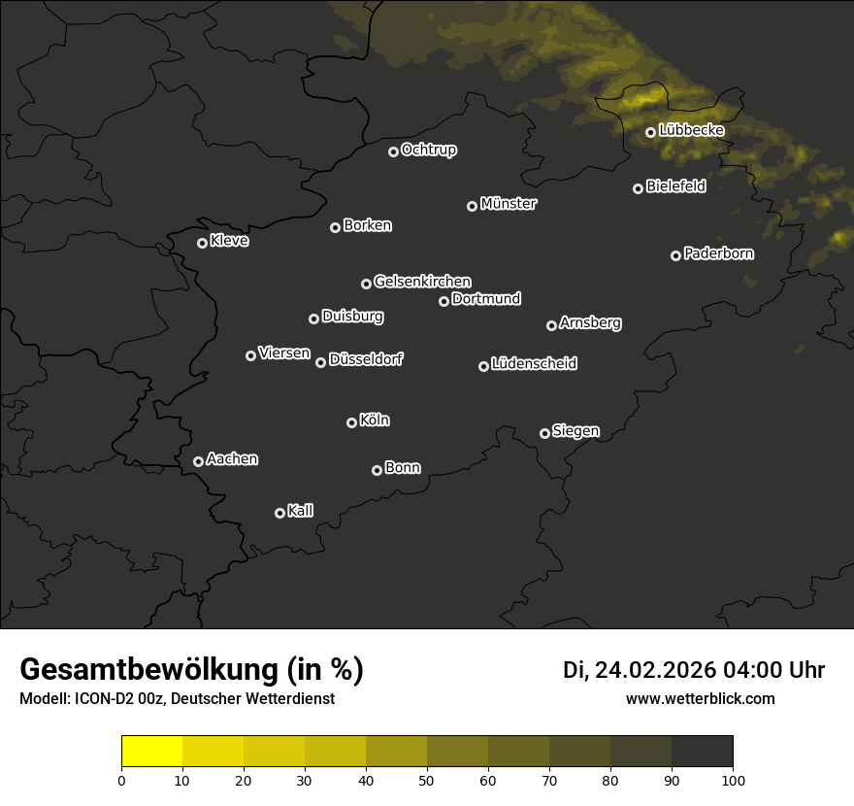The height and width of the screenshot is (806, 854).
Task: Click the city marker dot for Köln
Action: (351, 422)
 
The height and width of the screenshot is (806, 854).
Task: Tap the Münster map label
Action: (508, 204)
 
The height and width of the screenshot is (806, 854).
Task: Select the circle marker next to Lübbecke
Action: (650, 132)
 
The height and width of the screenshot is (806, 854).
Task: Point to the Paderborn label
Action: (718, 253)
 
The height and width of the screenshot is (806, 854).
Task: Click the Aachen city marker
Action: (198, 461)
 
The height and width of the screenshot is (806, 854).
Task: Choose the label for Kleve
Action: (229, 241)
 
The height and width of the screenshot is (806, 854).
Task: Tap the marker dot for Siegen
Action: (544, 433)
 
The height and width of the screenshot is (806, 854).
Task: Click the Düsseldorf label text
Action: (366, 359)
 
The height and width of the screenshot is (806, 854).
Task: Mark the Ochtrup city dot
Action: (393, 151)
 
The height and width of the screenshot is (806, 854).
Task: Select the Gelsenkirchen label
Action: (422, 282)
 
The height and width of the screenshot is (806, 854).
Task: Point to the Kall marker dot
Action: (279, 513)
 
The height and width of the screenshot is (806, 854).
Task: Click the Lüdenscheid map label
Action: (534, 364)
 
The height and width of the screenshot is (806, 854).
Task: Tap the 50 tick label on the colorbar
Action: (427, 780)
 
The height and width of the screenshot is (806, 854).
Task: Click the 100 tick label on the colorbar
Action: (733, 780)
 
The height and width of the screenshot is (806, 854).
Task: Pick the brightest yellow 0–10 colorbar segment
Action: (151, 752)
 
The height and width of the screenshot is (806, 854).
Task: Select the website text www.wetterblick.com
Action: (700, 698)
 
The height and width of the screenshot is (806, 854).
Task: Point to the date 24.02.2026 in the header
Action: (655, 670)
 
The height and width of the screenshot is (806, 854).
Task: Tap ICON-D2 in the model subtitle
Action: (101, 699)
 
